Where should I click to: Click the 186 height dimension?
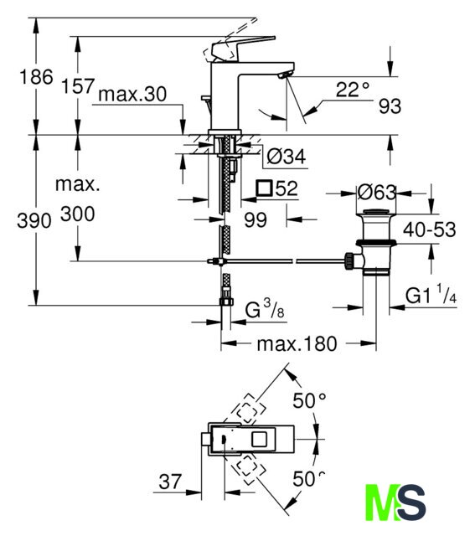pyautogui.click(x=36, y=76)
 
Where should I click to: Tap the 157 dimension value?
pyautogui.click(x=78, y=85)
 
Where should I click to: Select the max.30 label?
pyautogui.click(x=132, y=94)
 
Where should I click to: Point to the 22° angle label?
pyautogui.click(x=353, y=90)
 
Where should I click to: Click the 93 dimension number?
pyautogui.click(x=390, y=106)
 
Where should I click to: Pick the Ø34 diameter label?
pyautogui.click(x=287, y=157)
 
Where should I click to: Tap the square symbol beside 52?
pyautogui.click(x=265, y=188)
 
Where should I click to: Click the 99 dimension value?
pyautogui.click(x=256, y=219)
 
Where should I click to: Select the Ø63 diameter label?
pyautogui.click(x=376, y=193)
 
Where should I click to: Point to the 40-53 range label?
pyautogui.click(x=430, y=229)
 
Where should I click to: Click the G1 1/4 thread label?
pyautogui.click(x=431, y=295)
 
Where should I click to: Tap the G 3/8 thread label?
pyautogui.click(x=265, y=309)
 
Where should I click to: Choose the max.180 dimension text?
pyautogui.click(x=297, y=344)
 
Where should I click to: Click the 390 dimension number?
pyautogui.click(x=34, y=220)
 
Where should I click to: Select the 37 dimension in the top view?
pyautogui.click(x=170, y=482)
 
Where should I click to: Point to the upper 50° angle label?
pyautogui.click(x=309, y=400)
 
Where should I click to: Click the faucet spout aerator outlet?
pyautogui.click(x=286, y=75)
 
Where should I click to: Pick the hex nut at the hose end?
pyautogui.click(x=226, y=301)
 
